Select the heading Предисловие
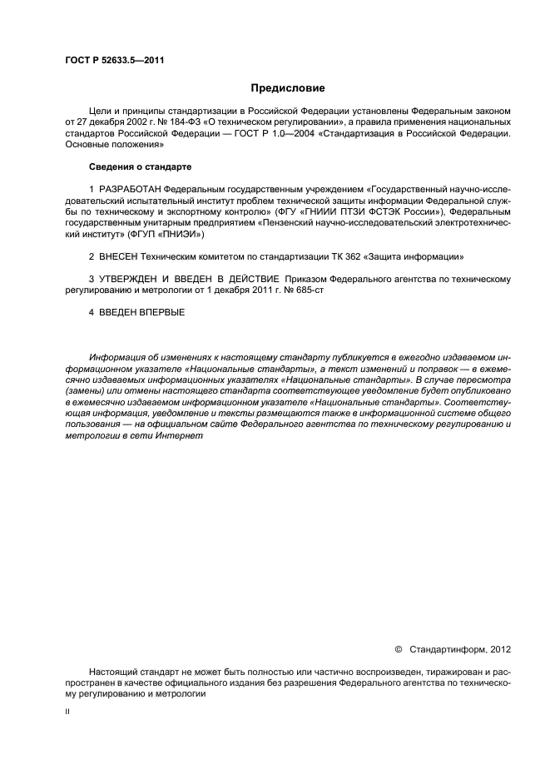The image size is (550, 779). click(288, 88)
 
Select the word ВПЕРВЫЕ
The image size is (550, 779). click(158, 312)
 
